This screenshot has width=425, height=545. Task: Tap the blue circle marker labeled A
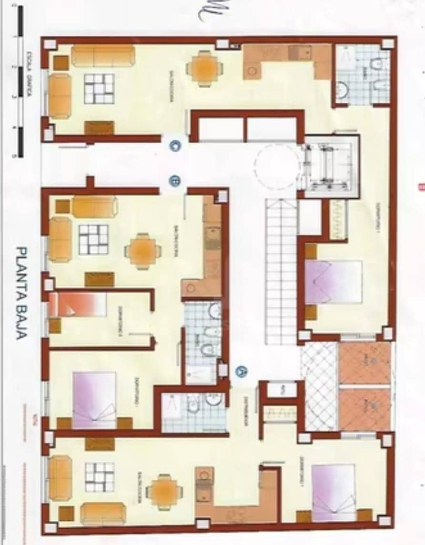242,370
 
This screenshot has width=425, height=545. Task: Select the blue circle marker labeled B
175,180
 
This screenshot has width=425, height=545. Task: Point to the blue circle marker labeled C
175,147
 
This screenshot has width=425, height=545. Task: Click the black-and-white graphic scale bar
19,81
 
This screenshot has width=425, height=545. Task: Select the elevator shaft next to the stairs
329,164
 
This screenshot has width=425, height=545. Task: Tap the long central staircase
281,271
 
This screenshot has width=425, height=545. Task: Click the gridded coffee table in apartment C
99,89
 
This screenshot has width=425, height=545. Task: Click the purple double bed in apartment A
334,492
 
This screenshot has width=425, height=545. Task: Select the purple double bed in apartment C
333,281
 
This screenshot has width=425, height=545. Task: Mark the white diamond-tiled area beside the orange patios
320,386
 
